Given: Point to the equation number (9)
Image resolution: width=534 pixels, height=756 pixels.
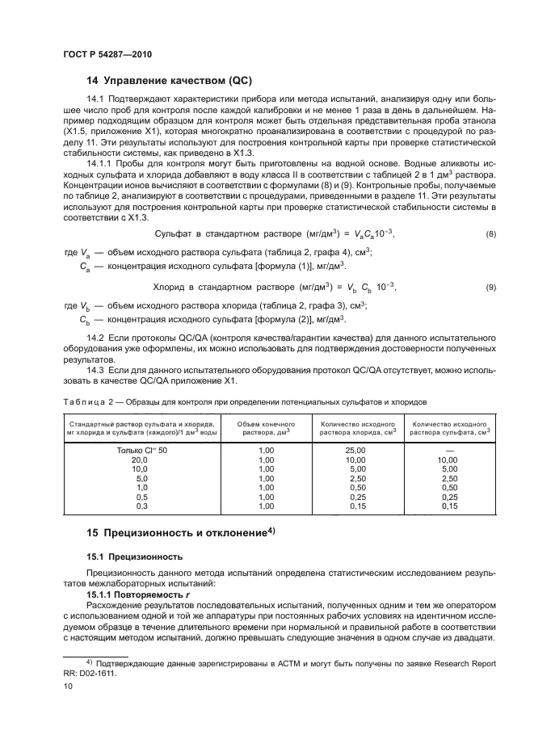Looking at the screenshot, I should (490, 288).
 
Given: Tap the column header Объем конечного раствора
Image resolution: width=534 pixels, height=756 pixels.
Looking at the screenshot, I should (266, 427).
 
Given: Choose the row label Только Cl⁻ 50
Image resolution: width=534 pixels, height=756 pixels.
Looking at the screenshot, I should (141, 449).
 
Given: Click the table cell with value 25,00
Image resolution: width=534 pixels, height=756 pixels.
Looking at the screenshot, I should (356, 449).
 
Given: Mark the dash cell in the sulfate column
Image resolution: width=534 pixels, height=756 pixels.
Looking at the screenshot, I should (449, 449).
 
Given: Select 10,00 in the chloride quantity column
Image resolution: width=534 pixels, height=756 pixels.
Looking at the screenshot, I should (356, 459).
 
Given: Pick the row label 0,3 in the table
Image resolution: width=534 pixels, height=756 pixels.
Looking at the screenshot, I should (141, 506).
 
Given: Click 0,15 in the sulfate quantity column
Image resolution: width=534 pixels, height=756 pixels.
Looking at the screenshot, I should (449, 506).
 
